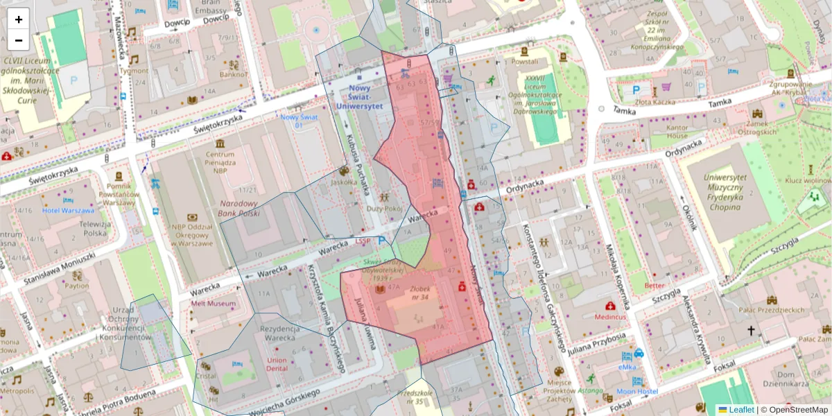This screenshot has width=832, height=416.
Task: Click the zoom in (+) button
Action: [x=19, y=19]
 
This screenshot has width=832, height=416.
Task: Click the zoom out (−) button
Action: [x=19, y=40]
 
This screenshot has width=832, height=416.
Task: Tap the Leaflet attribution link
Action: [x=740, y=410]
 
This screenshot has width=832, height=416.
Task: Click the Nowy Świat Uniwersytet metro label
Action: [x=359, y=97]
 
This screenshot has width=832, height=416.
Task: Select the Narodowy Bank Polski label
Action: [x=239, y=209]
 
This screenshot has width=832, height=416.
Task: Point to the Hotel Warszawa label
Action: [x=67, y=210]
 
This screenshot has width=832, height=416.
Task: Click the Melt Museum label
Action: [x=214, y=304]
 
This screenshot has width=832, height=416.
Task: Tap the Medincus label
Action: [x=609, y=317]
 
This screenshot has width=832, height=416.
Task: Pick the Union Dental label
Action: [x=277, y=365]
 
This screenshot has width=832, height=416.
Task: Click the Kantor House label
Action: [x=667, y=132]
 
